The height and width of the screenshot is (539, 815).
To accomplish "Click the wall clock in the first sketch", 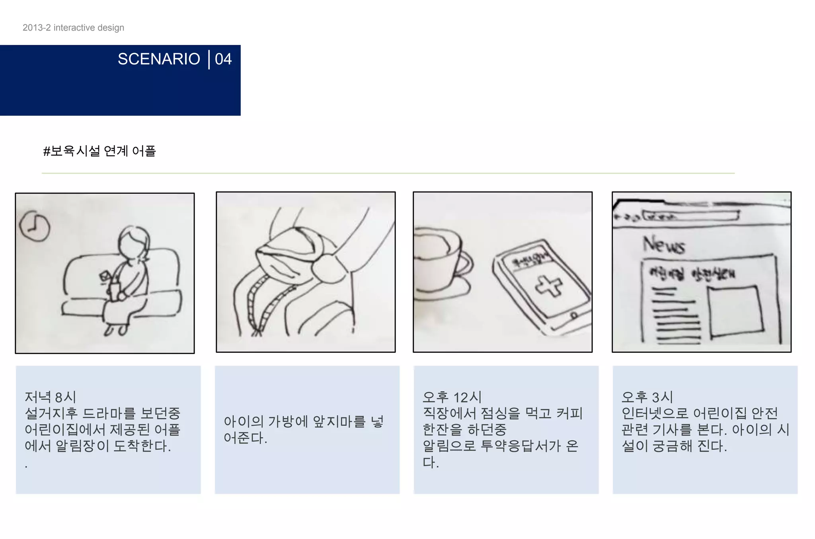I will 35,226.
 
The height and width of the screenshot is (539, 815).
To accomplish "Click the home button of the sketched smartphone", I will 574,315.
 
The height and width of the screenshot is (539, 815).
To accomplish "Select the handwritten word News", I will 664,245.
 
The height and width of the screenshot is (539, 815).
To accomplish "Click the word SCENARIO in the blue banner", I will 159,59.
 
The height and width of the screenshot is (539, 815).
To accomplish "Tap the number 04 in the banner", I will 223,59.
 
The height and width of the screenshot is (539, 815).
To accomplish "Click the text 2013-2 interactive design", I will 73,27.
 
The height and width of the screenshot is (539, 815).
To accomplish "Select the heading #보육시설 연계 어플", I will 99,151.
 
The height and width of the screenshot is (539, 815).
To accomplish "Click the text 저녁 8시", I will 50,397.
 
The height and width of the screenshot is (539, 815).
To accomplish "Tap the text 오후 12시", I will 452,397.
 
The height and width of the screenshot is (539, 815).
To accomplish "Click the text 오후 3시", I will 647,397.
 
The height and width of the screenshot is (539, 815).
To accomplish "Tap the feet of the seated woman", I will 116,330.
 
